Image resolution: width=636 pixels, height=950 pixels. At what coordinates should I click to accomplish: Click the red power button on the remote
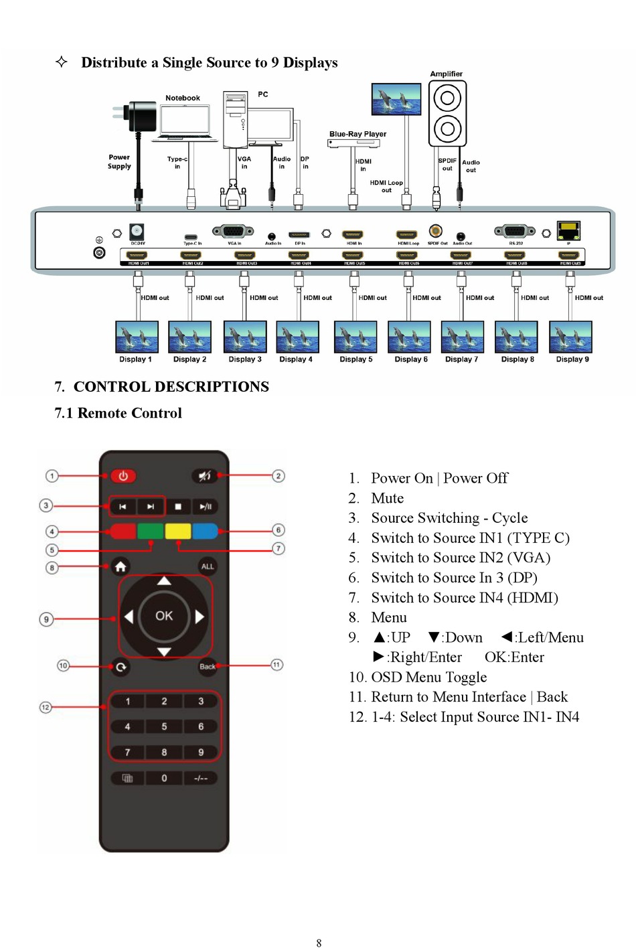[123, 476]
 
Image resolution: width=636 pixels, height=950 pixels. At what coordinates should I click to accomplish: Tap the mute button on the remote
[205, 476]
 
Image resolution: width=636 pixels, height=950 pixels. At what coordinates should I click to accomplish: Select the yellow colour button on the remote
[177, 531]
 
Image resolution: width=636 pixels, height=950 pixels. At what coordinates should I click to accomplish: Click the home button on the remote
[121, 567]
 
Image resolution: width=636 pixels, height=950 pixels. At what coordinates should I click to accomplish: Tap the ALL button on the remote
[208, 566]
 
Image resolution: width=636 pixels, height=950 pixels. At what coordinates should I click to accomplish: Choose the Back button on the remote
[208, 666]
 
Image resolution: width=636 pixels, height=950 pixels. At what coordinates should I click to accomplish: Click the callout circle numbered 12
[46, 707]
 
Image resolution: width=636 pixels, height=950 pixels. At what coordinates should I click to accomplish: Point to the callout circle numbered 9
[46, 619]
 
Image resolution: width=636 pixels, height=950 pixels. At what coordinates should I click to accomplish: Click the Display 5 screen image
[355, 337]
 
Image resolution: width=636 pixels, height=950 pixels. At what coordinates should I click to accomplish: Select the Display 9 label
[572, 360]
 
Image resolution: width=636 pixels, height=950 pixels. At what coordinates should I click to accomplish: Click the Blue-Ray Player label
[357, 134]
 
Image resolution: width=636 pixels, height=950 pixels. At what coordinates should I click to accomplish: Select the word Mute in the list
[388, 498]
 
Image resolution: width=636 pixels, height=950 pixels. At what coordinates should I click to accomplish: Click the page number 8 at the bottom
[319, 943]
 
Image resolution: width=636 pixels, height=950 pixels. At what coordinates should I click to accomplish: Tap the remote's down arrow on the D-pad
[164, 652]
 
